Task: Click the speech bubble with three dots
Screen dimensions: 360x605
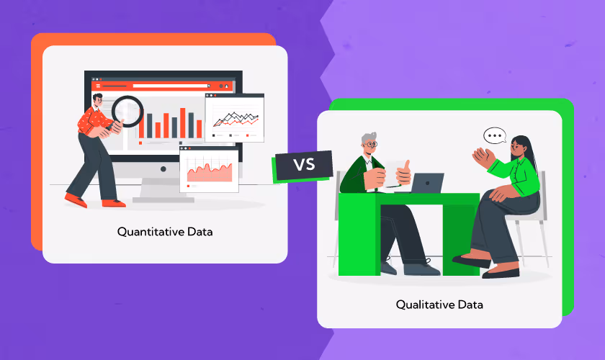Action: tap(494, 135)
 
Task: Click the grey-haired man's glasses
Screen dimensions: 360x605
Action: tap(370, 145)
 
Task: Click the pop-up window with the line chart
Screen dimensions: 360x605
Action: tap(234, 117)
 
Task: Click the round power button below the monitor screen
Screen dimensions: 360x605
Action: tap(163, 168)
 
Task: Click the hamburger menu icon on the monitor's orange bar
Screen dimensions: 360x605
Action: tap(97, 86)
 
